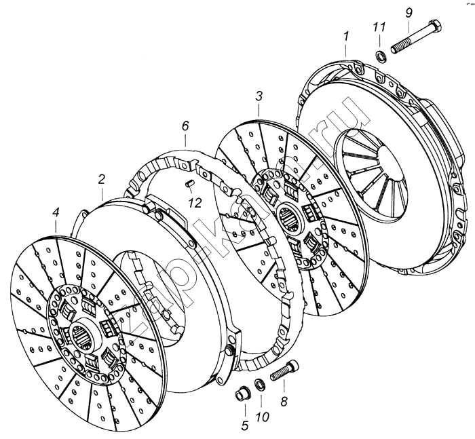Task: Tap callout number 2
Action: (101, 180)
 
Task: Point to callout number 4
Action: (56, 214)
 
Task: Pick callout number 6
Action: (185, 126)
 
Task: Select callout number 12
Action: (195, 202)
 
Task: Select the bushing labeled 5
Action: (241, 394)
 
